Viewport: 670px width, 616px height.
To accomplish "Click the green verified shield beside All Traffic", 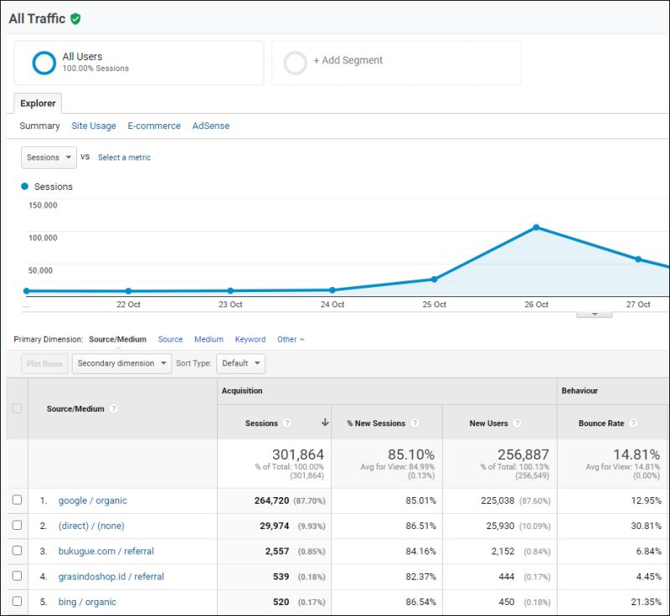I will [x=75, y=18].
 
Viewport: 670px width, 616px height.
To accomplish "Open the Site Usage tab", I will [x=94, y=126].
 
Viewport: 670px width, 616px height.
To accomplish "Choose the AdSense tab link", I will [x=210, y=126].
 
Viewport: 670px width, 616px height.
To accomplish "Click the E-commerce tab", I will [x=154, y=126].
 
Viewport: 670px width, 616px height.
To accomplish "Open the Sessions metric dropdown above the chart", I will [x=49, y=157].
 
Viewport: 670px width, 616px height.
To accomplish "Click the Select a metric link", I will [x=124, y=157].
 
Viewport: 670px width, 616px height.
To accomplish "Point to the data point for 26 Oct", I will [x=536, y=228].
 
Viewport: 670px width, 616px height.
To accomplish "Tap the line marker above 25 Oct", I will [x=434, y=280].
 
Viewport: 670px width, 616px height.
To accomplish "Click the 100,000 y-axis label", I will [x=42, y=238].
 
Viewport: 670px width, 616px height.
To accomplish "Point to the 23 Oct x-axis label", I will [x=230, y=305].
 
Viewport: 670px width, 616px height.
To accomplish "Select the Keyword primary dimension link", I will [x=250, y=340].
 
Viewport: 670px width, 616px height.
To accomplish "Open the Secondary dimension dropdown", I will [x=121, y=363].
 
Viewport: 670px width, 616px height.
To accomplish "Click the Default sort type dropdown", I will [x=240, y=363].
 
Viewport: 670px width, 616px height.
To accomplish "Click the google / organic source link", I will [x=92, y=501].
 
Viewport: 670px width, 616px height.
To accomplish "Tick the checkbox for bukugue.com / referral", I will [x=17, y=551].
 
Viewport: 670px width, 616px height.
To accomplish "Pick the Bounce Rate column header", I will [x=601, y=423].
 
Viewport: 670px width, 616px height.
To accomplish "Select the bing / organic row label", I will [x=87, y=602].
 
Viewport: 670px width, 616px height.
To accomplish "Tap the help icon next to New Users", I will [x=517, y=423].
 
